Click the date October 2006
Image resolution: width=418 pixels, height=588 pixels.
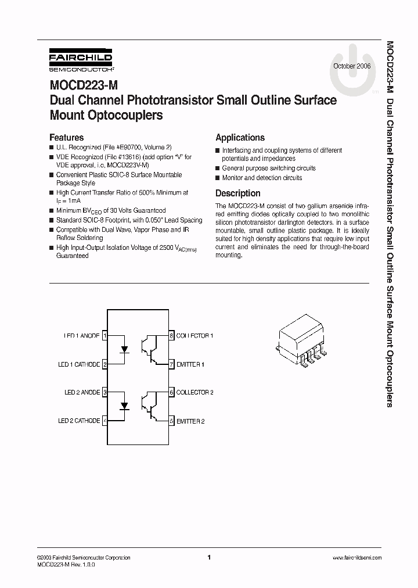click(x=351, y=67)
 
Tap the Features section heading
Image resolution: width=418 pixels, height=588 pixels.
click(x=66, y=138)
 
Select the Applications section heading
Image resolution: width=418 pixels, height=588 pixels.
click(x=240, y=138)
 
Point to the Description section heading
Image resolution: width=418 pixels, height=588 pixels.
click(x=237, y=193)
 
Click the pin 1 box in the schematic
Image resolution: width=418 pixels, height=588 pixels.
click(x=105, y=336)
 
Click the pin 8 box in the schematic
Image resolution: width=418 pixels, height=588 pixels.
click(x=171, y=336)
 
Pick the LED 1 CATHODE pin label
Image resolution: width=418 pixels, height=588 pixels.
click(x=79, y=364)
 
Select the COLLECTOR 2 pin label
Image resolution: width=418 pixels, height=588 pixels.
click(x=195, y=392)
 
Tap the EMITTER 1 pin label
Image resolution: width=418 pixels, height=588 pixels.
click(x=190, y=364)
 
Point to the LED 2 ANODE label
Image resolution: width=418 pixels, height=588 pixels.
click(x=82, y=392)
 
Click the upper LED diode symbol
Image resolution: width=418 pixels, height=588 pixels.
click(x=124, y=349)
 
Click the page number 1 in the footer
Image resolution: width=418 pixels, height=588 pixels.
click(x=209, y=557)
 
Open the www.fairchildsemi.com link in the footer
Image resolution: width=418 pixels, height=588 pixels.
click(x=356, y=557)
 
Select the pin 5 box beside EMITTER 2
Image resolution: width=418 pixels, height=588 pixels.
click(x=171, y=421)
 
